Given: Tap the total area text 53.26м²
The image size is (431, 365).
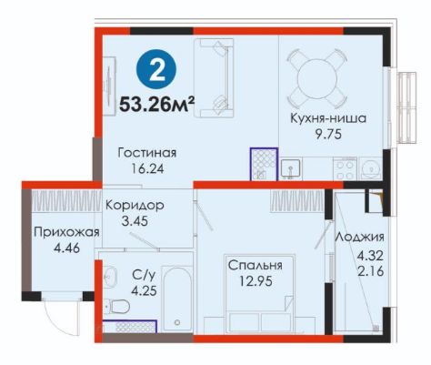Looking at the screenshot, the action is point(156,105).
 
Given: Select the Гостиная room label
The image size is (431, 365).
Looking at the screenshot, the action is point(147,153).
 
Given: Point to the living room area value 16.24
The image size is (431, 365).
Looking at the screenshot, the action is point(147,168).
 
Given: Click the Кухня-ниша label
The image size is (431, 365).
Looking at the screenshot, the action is point(328,118).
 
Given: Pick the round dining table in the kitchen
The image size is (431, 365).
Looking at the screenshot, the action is point(317,79).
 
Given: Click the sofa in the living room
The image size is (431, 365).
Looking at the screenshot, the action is point(214,78).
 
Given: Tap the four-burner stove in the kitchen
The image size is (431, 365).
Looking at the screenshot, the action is point(345,168).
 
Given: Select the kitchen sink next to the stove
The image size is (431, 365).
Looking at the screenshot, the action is point(290,168).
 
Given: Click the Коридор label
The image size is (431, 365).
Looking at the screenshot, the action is point(135,206).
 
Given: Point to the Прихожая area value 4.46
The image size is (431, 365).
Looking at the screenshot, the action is point(66,248).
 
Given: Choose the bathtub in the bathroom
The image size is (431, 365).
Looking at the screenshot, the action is point(177,299).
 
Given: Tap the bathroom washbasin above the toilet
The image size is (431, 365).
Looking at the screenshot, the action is point(110,276).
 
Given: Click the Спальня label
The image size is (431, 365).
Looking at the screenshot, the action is point(255,266).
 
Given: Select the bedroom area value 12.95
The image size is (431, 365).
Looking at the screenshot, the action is point(256,281).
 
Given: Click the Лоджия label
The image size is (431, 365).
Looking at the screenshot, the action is point(359,237).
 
